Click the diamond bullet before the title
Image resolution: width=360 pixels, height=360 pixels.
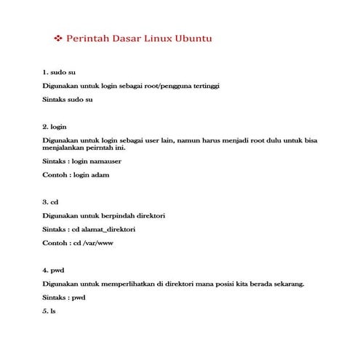[59, 37]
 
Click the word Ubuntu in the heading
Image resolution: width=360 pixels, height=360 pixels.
[192, 37]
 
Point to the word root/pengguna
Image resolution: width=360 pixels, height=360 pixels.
[162, 86]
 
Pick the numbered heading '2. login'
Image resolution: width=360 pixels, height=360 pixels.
[55, 127]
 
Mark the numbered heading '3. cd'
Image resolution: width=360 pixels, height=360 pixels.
[50, 201]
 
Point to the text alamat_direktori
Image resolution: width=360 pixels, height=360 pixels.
[110, 229]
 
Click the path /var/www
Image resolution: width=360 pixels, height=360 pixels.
[102, 243]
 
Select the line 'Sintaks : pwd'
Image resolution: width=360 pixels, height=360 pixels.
[64, 297]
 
